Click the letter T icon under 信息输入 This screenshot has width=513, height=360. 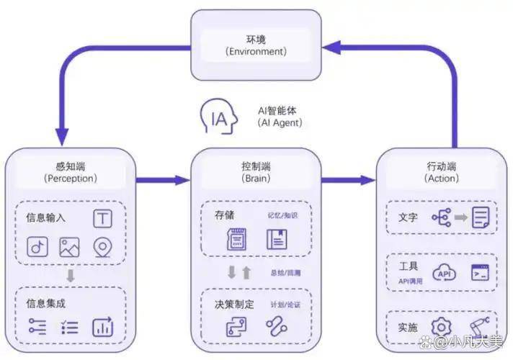102,218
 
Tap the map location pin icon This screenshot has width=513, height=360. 104,247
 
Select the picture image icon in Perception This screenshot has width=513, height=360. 70,247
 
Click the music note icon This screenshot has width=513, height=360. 37,247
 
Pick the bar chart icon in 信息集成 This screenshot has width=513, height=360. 102,326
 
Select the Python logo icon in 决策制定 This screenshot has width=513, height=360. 236,326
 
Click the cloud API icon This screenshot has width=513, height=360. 443,273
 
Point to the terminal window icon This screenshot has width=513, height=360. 480,273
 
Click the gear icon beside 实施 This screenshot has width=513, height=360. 440,328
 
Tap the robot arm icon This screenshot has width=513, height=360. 480,328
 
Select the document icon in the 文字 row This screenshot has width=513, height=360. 481,217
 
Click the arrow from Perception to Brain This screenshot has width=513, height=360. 161,179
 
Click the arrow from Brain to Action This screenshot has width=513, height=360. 349,179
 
